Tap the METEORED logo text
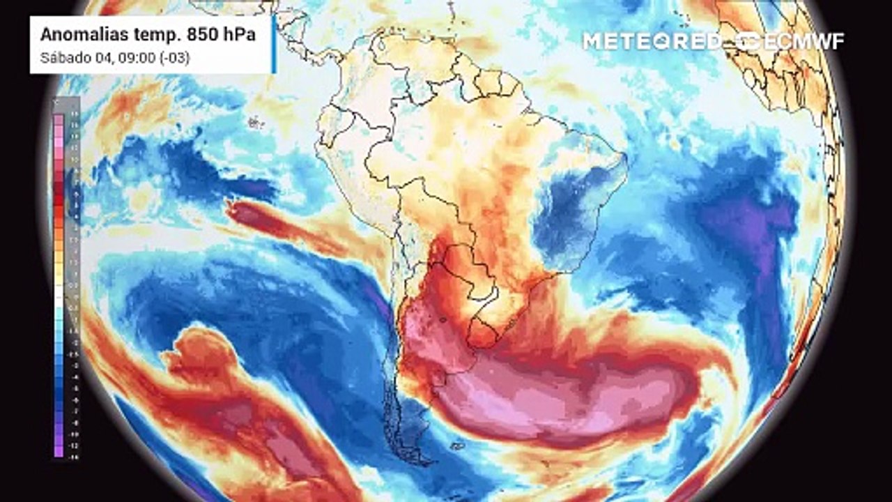click(x=652, y=40)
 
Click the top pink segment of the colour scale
click(x=59, y=120)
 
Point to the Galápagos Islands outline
click(x=254, y=123)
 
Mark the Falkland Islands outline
click(x=456, y=444)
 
